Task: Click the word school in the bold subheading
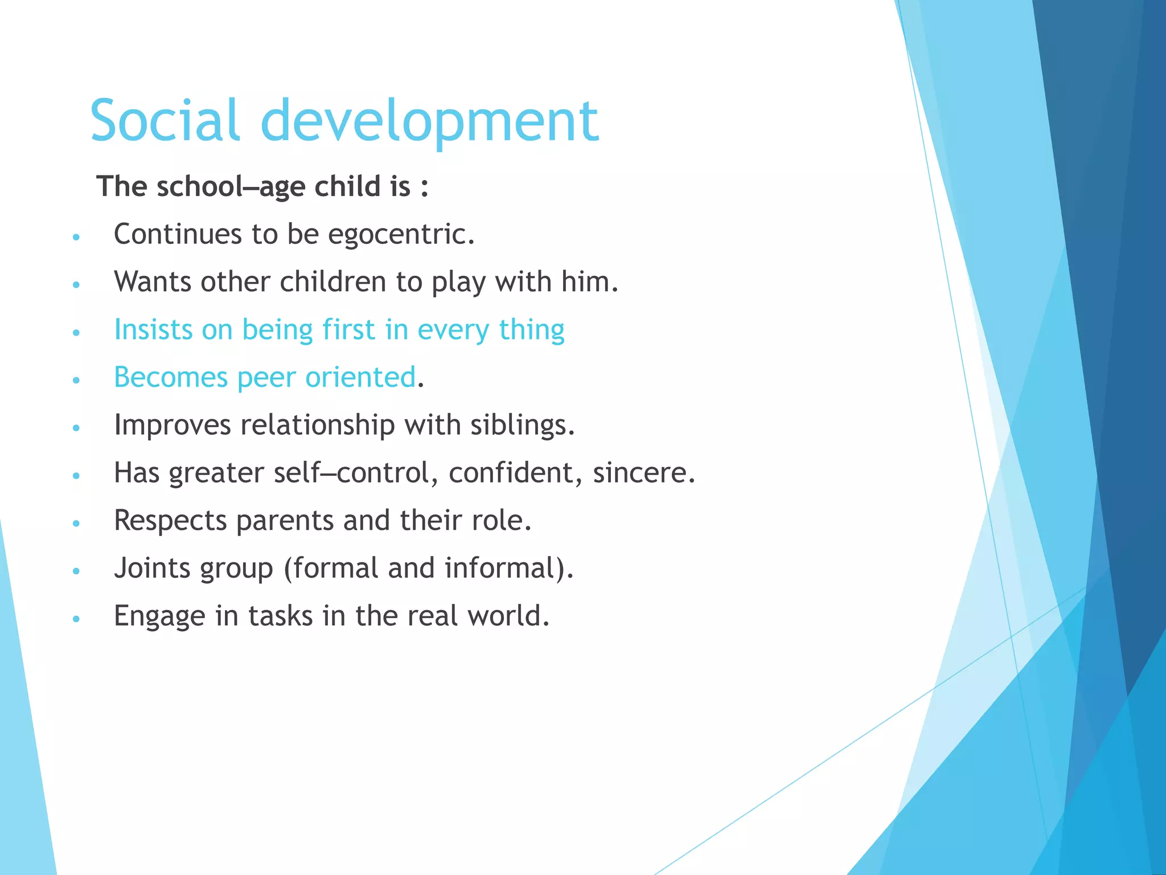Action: click(x=200, y=186)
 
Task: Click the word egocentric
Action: click(x=401, y=234)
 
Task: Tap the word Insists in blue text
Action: click(x=153, y=329)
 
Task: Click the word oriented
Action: click(x=360, y=377)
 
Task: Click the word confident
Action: click(x=515, y=473)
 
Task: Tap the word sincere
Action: click(x=643, y=473)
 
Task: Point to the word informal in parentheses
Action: click(x=501, y=568)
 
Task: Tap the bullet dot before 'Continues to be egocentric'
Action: click(x=76, y=236)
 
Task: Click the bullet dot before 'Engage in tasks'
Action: click(x=76, y=618)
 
